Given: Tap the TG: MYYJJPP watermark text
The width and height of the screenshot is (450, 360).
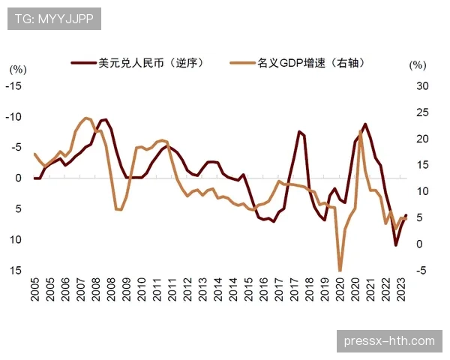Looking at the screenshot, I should click(x=53, y=19).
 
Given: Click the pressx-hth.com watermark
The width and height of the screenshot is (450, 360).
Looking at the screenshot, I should click(x=388, y=341).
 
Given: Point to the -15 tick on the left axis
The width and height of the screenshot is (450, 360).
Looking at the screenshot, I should click(x=14, y=86).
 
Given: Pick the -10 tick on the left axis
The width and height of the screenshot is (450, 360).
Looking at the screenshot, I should click(x=14, y=117).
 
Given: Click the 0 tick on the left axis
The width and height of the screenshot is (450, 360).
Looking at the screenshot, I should click(x=18, y=178).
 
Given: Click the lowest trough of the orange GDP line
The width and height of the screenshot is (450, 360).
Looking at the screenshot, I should click(x=340, y=271).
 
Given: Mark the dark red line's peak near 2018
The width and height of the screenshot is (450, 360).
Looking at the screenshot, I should click(x=299, y=131).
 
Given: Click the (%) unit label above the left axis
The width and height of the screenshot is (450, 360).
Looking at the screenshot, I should click(x=18, y=68).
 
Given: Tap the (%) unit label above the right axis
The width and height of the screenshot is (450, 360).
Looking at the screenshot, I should click(x=417, y=65).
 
